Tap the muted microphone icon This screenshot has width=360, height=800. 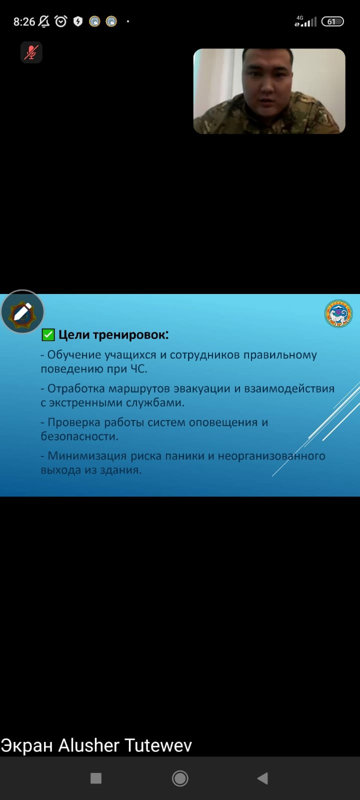(x=31, y=52)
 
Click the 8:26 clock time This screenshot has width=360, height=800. (x=24, y=22)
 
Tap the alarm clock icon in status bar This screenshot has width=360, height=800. (x=60, y=21)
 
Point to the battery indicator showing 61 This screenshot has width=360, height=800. (x=332, y=21)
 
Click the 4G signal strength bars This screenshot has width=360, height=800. (x=305, y=21)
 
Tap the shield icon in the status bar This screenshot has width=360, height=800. (x=78, y=21)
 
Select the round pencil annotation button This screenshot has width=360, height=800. (x=22, y=311)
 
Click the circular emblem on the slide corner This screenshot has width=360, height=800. (x=338, y=313)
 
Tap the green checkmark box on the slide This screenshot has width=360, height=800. (x=48, y=334)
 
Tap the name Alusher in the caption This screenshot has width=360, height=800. (x=89, y=745)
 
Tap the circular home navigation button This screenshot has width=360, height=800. (x=180, y=778)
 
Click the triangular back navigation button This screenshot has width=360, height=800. (x=263, y=778)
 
